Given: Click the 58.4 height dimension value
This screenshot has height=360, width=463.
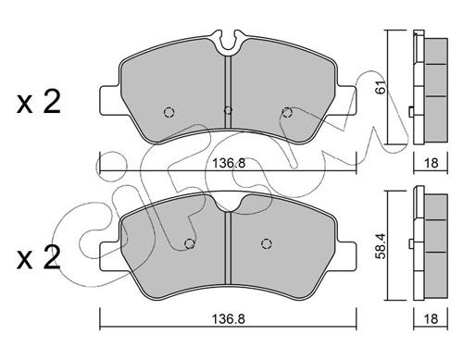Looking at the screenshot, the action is click(382, 245).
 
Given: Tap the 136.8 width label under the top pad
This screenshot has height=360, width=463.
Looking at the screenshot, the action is click(229, 163).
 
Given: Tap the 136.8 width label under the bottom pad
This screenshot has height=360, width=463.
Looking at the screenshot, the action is click(228, 319).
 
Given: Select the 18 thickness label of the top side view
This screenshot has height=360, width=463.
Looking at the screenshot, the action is click(432, 163).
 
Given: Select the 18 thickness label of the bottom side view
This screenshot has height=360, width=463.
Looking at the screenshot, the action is click(431, 318).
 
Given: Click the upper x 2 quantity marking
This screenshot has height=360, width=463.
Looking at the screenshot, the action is click(39, 102).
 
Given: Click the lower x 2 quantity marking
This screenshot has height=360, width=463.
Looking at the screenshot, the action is click(39, 257).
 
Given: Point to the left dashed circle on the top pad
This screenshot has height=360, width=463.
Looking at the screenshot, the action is click(169, 112).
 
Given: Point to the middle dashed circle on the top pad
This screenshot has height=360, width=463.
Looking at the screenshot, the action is click(228, 110).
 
